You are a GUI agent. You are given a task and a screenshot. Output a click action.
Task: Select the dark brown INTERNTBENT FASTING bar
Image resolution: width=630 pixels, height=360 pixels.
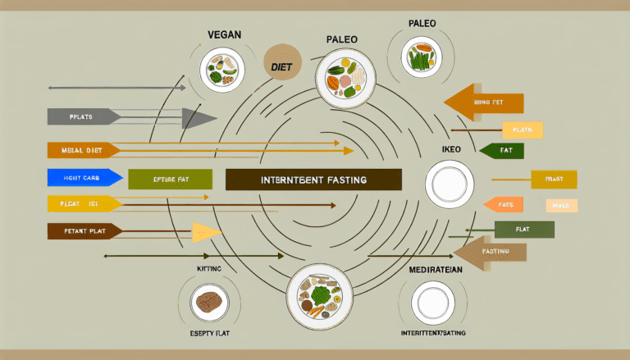pos(313,180)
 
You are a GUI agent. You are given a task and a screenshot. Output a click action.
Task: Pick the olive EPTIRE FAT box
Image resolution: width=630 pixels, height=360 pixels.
pos(170,179)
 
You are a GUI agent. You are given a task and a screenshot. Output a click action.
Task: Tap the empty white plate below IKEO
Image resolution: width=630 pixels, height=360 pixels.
pos(450,184)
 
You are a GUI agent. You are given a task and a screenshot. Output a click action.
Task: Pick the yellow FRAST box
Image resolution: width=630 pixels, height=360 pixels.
pos(554,179)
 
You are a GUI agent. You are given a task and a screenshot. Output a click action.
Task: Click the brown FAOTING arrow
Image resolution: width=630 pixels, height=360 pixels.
pos(491,251)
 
